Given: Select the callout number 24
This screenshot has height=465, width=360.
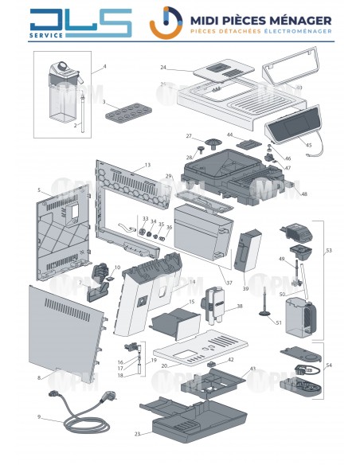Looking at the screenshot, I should point(163,67).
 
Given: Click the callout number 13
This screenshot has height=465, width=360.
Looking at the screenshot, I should point(147,164).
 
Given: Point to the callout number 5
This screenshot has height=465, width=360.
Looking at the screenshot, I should point(39,190).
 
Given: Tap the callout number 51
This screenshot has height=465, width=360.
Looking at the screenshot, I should point(278,322).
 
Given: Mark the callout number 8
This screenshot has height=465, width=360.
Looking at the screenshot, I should point(39,378).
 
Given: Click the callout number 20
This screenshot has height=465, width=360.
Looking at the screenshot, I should point(162,365).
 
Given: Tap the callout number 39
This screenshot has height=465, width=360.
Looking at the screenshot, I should point(245,287).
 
